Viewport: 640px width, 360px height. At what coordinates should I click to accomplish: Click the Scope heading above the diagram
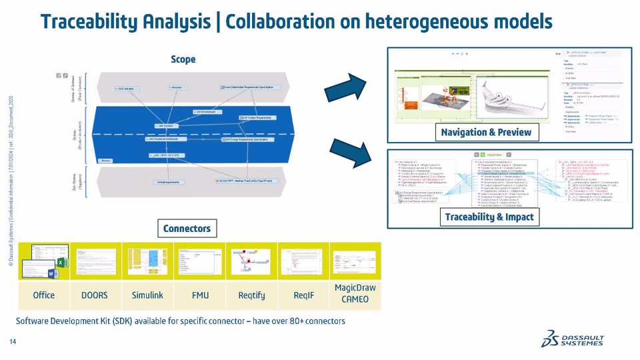[x=183, y=59]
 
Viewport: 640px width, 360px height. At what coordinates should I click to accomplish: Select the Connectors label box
[x=187, y=229]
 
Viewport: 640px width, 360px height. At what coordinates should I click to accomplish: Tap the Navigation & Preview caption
[x=486, y=132]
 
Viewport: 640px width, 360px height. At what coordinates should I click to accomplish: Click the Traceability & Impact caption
[x=489, y=217]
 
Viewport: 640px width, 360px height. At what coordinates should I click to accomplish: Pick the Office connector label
[x=44, y=295]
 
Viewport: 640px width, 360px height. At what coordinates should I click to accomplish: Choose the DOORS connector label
[x=94, y=295]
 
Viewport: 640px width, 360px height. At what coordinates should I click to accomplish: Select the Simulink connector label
[x=147, y=295]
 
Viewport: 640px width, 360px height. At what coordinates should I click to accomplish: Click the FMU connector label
[x=200, y=295]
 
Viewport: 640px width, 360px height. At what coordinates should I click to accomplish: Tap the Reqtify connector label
[x=251, y=295]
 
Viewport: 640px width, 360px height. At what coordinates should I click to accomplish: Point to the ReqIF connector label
[x=305, y=295]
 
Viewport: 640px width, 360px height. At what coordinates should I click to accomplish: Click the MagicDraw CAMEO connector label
[x=355, y=294]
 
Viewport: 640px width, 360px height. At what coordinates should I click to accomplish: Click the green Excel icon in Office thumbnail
[x=59, y=263]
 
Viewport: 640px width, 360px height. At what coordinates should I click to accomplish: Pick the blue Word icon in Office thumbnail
[x=51, y=273]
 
